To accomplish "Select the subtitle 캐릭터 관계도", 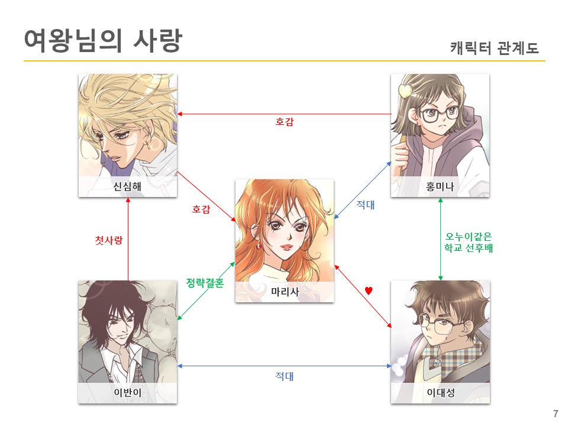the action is pos(494,48).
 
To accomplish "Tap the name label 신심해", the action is pos(127,188).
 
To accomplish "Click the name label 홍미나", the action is pos(440,188).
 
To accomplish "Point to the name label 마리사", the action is pos(284,292).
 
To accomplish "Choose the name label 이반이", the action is pos(127,393).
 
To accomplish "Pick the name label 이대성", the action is pos(440,393).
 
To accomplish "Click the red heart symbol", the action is pos(368,291).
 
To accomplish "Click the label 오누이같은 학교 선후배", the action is pos(469,243).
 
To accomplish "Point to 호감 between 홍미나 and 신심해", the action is pos(285,122).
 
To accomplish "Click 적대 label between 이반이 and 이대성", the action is pos(285,376).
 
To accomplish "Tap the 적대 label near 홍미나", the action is pos(366,205).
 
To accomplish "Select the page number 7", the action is pos(555,414).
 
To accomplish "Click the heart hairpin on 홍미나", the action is pos(406,91).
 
